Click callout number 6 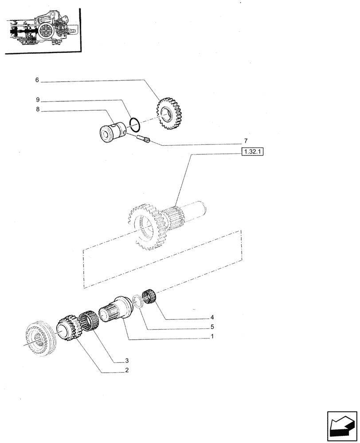(x=37, y=80)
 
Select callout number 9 (x=37, y=100)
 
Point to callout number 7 (x=245, y=141)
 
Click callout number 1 (x=213, y=337)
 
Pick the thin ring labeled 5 (x=138, y=302)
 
